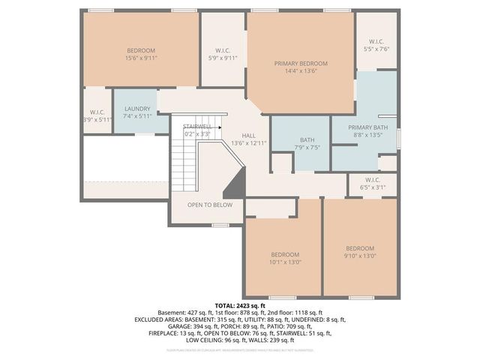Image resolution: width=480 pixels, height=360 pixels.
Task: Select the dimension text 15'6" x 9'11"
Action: (x=141, y=58)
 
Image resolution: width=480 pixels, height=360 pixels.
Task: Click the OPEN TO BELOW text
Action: (x=210, y=205)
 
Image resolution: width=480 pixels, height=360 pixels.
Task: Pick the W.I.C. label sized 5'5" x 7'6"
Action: (x=377, y=42)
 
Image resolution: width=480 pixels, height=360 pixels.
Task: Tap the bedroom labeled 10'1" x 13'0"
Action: (x=284, y=254)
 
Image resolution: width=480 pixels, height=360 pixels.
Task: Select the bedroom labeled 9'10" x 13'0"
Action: (x=360, y=248)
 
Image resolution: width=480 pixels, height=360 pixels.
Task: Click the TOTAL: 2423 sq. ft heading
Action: (x=240, y=306)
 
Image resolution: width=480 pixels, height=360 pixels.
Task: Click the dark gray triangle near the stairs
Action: (x=235, y=183)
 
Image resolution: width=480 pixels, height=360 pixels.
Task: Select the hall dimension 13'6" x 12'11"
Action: (x=249, y=142)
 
